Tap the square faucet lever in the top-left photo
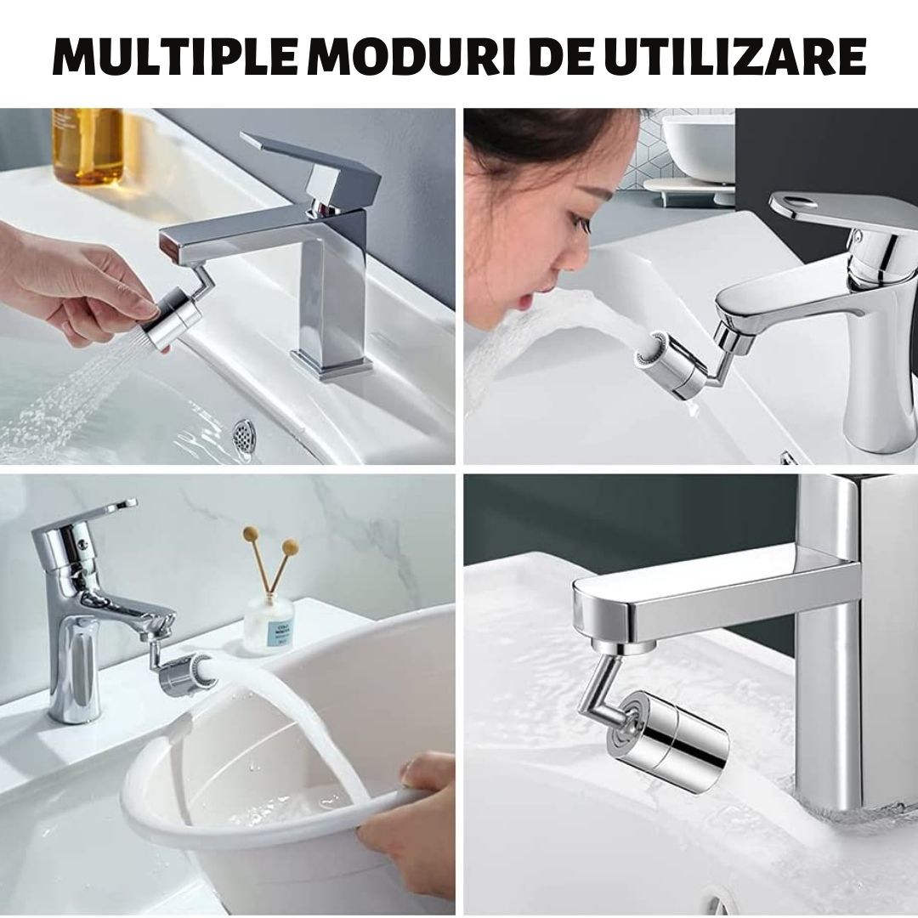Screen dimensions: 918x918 click(x=310, y=166)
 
